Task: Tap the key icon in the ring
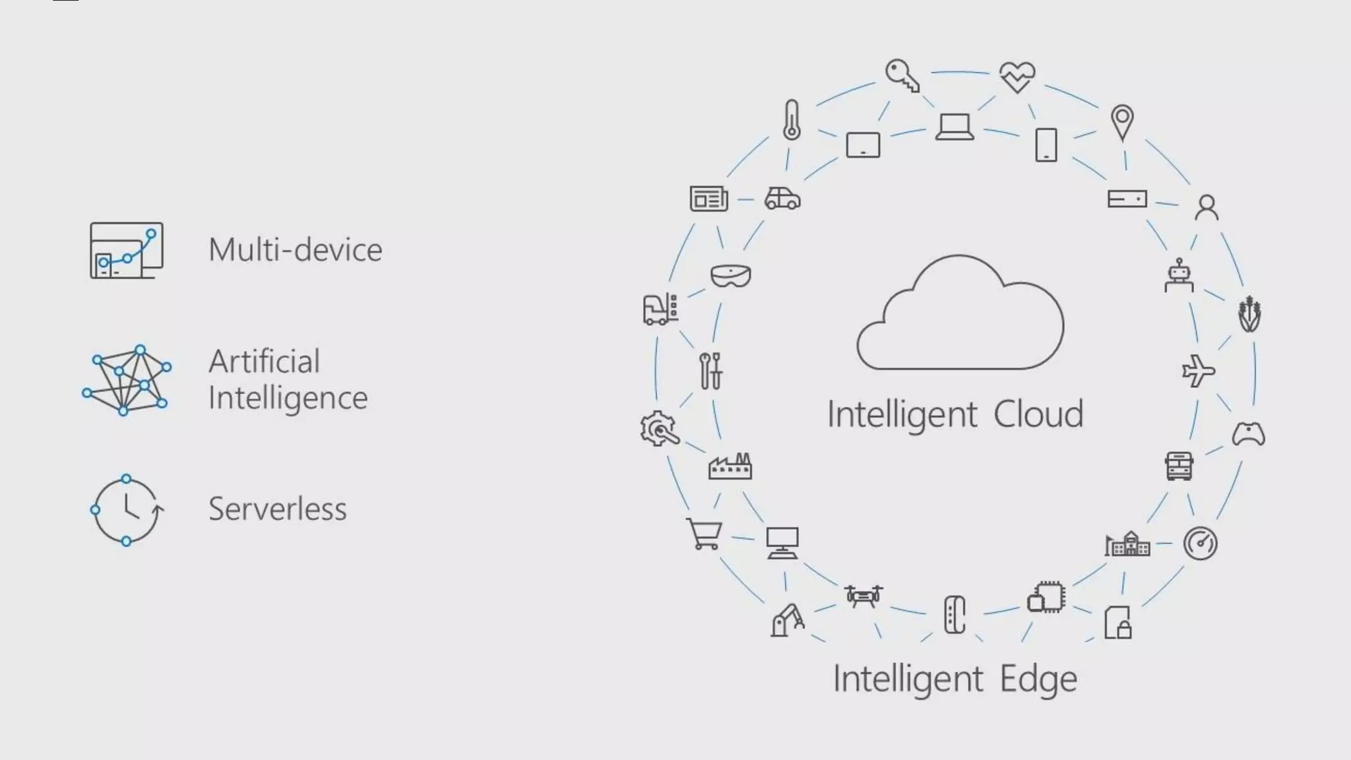tap(902, 75)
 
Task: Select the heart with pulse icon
tap(1017, 77)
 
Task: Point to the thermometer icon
tap(792, 120)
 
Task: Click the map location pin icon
tap(1122, 122)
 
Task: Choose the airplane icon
tap(1198, 371)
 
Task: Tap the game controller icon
tap(1248, 434)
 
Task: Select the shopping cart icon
tap(704, 534)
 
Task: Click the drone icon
tap(864, 595)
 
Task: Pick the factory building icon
tap(730, 466)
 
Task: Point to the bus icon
tap(1179, 466)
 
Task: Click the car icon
tap(782, 198)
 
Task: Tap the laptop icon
tap(955, 127)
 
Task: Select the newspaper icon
tap(708, 199)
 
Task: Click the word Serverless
tap(277, 509)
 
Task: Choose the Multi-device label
tap(295, 250)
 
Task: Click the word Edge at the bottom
tap(1038, 680)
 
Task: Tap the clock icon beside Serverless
tap(127, 510)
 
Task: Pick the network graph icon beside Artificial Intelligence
tap(126, 379)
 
